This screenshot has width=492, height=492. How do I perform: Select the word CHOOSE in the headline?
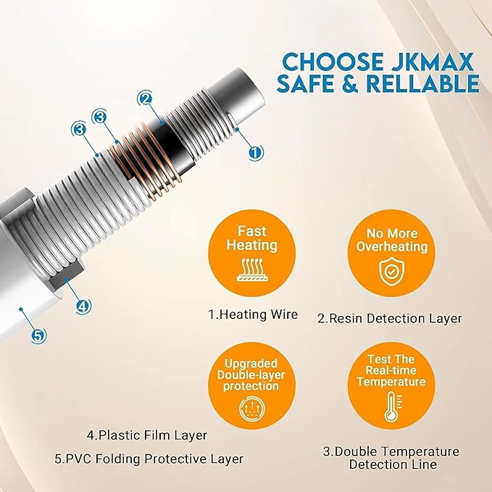tap(333, 62)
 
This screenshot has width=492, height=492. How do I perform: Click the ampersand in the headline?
tap(349, 83)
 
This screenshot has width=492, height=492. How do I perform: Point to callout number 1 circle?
tap(256, 152)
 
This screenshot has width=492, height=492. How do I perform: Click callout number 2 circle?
tap(145, 99)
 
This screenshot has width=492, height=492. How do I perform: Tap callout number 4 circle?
tap(83, 306)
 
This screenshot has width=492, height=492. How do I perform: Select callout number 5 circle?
tap(38, 336)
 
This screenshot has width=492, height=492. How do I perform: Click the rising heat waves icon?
tap(252, 270)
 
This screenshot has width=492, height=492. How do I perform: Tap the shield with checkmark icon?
tap(391, 271)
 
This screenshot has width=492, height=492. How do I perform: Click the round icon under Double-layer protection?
tap(252, 409)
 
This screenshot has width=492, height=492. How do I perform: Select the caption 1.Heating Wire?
tap(253, 314)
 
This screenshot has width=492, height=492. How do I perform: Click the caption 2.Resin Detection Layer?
tap(389, 319)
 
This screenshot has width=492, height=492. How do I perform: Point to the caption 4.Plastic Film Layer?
tap(147, 435)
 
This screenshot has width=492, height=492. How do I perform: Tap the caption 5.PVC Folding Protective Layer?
tap(149, 459)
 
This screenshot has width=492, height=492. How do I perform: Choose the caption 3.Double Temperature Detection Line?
tap(391, 458)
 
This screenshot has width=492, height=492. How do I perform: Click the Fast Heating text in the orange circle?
tap(252, 238)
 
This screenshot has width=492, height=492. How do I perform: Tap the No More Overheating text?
tap(391, 240)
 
